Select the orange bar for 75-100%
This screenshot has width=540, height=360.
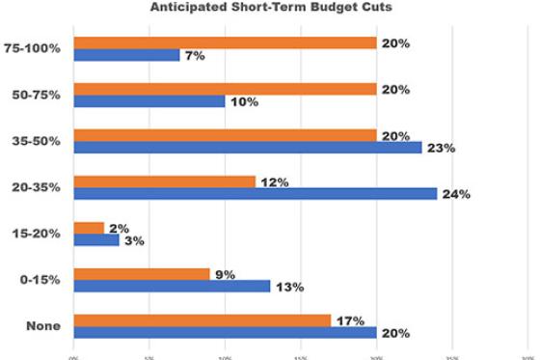(225, 42)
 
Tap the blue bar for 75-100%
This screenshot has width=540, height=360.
(126, 55)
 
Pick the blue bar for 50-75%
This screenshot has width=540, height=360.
(149, 101)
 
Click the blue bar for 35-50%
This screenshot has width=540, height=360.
(248, 148)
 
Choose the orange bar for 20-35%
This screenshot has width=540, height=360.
(165, 181)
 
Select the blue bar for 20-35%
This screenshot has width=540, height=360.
(256, 194)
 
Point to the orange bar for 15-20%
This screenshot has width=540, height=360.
(89, 228)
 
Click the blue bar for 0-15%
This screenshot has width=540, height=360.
(173, 287)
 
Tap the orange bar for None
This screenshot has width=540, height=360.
(202, 320)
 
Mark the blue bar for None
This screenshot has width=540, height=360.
(225, 333)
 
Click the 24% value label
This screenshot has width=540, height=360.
(456, 195)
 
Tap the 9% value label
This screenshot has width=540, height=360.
(226, 274)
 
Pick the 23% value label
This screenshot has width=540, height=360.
(441, 149)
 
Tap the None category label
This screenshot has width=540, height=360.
(43, 326)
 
